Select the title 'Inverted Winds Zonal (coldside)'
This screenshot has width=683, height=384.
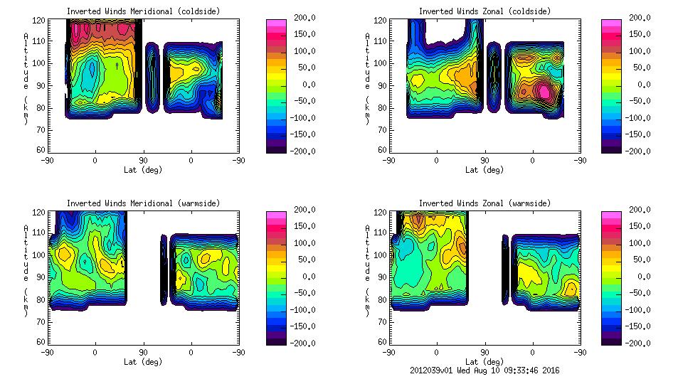point(485,11)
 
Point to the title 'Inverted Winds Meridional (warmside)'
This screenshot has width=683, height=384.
point(143,203)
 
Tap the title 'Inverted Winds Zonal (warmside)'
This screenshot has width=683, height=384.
point(485,203)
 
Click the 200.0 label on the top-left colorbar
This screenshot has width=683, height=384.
point(303,18)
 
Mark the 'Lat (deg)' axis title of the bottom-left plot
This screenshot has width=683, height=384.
point(143,361)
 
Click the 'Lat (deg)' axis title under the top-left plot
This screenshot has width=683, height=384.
point(143,169)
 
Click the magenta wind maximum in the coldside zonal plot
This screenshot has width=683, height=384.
point(544,91)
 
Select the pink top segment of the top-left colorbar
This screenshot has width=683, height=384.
point(276,23)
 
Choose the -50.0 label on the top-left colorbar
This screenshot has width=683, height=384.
point(305,101)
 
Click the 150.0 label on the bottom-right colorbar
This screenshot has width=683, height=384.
point(640,227)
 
